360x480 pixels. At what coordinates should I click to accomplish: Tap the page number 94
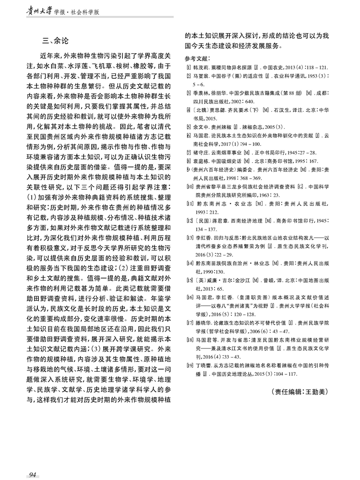(33, 475)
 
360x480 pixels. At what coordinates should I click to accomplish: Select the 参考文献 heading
(198, 57)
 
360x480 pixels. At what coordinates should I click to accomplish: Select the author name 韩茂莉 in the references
(200, 68)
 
